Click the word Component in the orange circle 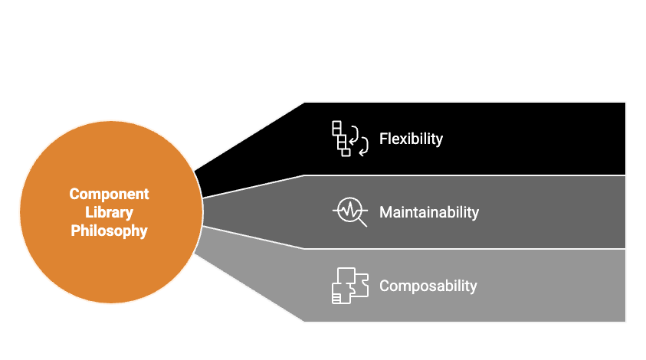click(x=109, y=194)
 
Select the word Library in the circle click(x=109, y=212)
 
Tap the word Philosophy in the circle click(x=109, y=230)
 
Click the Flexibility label click(x=411, y=139)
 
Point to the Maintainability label click(x=428, y=212)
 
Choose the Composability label click(x=428, y=286)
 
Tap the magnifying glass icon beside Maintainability click(x=349, y=211)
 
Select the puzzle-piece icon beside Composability click(x=349, y=286)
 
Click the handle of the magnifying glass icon click(x=362, y=222)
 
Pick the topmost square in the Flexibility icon click(x=336, y=126)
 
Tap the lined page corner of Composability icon click(x=337, y=297)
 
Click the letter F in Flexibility click(x=383, y=139)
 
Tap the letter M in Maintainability click(x=385, y=212)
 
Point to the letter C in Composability click(x=385, y=286)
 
